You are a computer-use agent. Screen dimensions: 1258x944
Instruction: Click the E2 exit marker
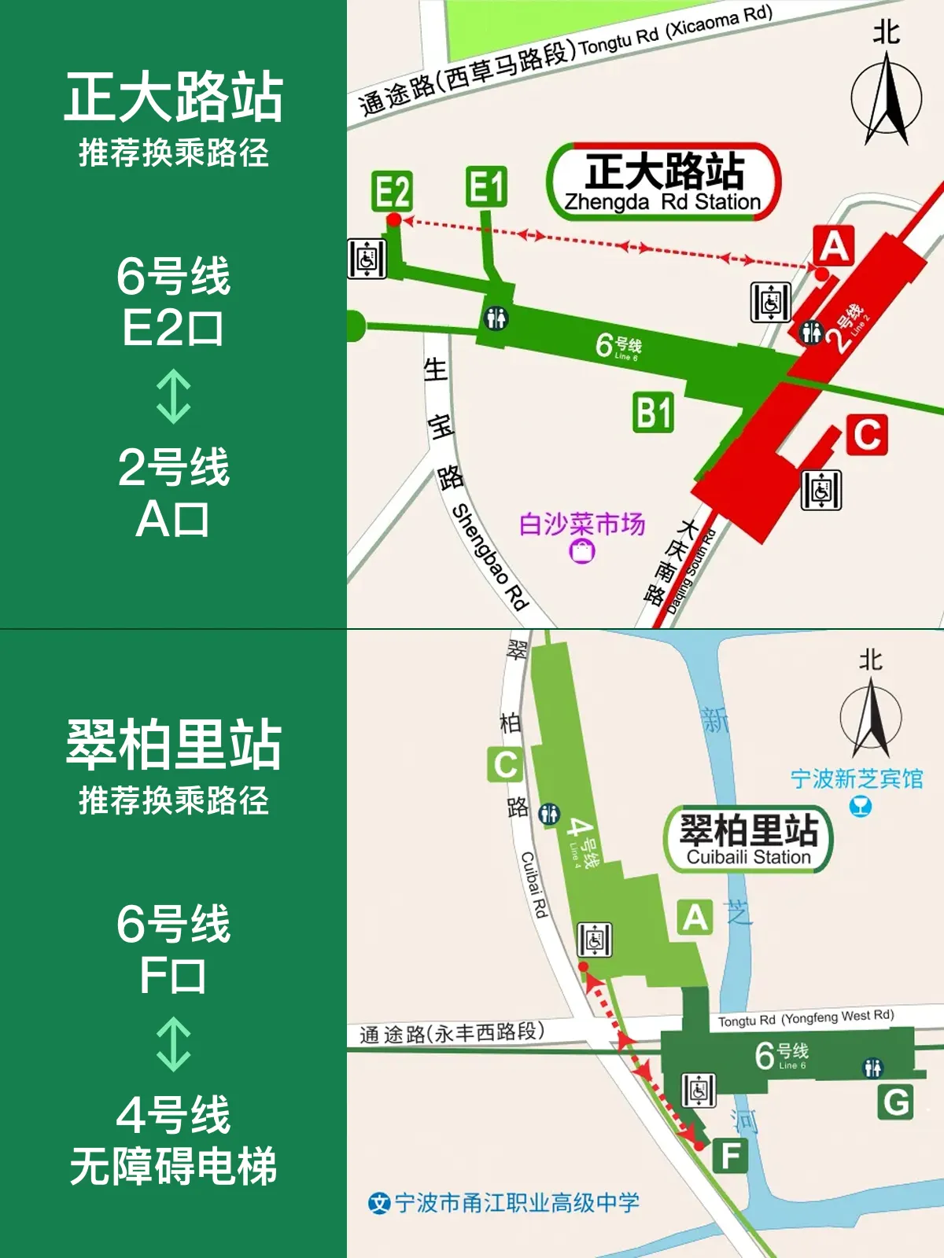393,191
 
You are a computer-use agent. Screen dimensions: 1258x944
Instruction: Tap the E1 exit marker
486,187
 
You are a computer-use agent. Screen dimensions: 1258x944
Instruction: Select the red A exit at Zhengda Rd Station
834,245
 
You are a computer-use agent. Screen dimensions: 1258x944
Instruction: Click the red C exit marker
867,435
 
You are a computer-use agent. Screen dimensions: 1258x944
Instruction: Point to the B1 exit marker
654,413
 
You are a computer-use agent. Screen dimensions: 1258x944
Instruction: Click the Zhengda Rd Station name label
664,182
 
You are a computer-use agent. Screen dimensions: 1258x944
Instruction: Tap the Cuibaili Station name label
748,839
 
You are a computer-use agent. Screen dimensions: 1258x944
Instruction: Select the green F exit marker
730,1156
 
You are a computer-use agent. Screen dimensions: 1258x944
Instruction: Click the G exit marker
896,1102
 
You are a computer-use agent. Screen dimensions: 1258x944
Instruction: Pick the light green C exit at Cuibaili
505,764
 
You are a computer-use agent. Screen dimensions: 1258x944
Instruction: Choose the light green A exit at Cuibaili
695,918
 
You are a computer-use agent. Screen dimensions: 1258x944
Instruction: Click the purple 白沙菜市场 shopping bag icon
582,551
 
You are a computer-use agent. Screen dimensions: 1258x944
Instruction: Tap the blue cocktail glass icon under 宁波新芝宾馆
861,807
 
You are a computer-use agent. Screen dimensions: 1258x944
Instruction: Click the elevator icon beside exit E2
367,259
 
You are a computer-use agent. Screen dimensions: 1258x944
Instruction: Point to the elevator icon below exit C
821,490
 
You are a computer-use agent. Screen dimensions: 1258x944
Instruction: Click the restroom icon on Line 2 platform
811,333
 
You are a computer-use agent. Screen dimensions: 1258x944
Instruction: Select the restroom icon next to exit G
872,1068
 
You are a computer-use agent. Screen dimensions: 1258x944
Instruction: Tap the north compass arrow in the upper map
887,102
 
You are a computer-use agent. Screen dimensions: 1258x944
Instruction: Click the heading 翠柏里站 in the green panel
174,745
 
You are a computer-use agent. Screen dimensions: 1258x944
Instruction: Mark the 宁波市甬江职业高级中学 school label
505,1203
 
